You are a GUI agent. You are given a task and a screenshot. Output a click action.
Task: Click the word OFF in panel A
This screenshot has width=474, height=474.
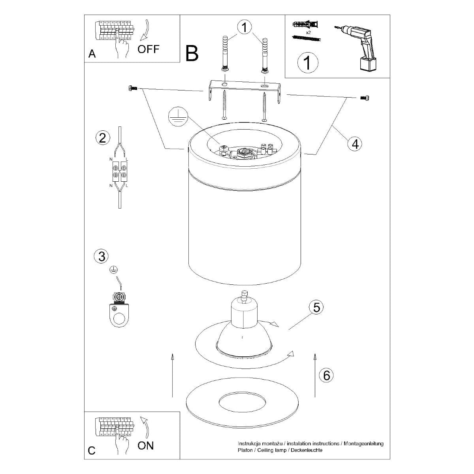(149, 49)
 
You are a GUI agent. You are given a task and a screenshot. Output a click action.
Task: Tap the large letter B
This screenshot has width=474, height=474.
(192, 53)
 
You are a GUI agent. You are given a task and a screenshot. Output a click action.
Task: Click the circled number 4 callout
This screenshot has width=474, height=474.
(355, 144)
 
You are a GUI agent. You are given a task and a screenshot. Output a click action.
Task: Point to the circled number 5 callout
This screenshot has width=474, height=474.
(316, 307)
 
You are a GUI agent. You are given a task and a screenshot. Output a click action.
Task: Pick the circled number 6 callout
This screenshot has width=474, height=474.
(326, 375)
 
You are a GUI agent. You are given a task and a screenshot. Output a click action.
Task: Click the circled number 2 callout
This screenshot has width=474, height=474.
(102, 138)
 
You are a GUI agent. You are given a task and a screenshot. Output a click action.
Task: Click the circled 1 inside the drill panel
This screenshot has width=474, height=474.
(307, 63)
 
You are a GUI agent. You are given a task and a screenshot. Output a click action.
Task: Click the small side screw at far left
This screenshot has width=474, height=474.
(132, 88)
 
